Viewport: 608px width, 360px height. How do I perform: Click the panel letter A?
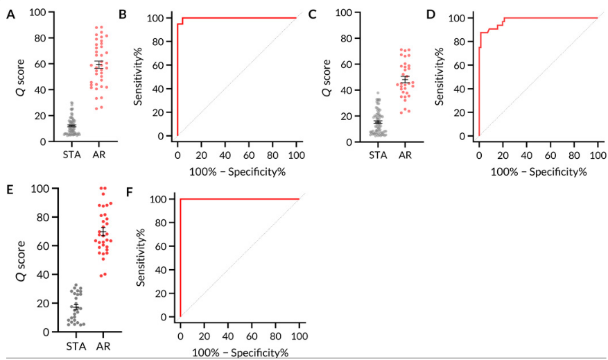(10, 15)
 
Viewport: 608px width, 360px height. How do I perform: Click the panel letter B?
(122, 15)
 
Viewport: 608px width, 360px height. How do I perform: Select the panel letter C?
(312, 15)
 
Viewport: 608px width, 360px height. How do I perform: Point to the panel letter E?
(9, 188)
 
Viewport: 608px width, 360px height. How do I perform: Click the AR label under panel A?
(99, 155)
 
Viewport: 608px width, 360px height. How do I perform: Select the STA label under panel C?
(377, 155)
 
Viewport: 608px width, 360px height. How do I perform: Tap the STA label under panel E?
(76, 345)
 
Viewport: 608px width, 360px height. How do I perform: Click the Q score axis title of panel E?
(20, 259)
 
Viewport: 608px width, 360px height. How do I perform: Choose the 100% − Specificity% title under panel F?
(239, 352)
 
